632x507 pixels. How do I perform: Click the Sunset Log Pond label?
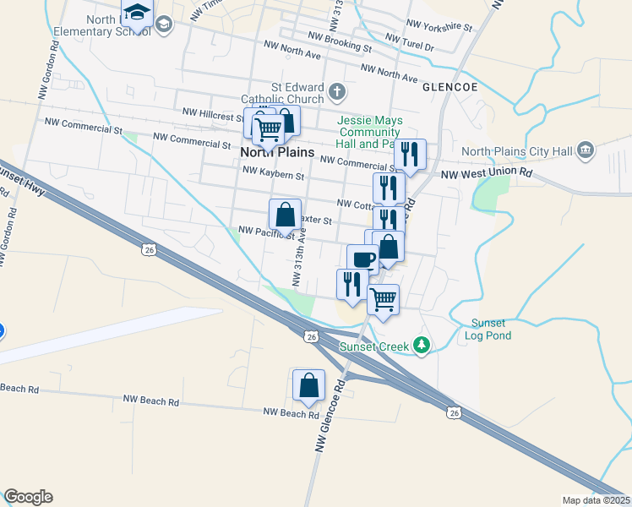point(488,330)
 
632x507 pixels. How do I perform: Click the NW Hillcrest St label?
point(214,112)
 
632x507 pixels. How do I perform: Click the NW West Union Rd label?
point(488,173)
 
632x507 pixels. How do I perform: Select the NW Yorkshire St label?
point(439,26)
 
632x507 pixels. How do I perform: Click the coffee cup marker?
point(362,259)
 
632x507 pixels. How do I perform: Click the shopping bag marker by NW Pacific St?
point(286,215)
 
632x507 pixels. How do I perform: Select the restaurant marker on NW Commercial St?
point(410,155)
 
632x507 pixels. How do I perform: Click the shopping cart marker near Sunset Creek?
point(384,299)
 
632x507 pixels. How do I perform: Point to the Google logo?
point(28,497)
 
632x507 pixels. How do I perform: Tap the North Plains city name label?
point(277,153)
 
